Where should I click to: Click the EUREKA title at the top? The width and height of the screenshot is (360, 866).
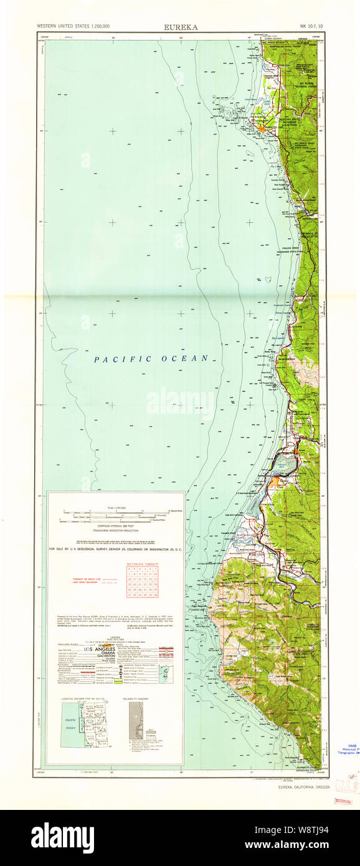click(181, 27)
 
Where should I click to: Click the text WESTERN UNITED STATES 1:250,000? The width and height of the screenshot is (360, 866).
click(73, 27)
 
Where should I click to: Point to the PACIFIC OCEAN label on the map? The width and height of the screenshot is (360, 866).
click(151, 358)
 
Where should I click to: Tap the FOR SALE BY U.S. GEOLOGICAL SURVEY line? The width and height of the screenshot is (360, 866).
click(116, 549)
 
